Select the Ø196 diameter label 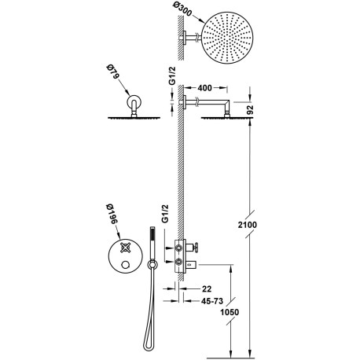click(x=113, y=214)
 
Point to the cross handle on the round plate click(x=124, y=244)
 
